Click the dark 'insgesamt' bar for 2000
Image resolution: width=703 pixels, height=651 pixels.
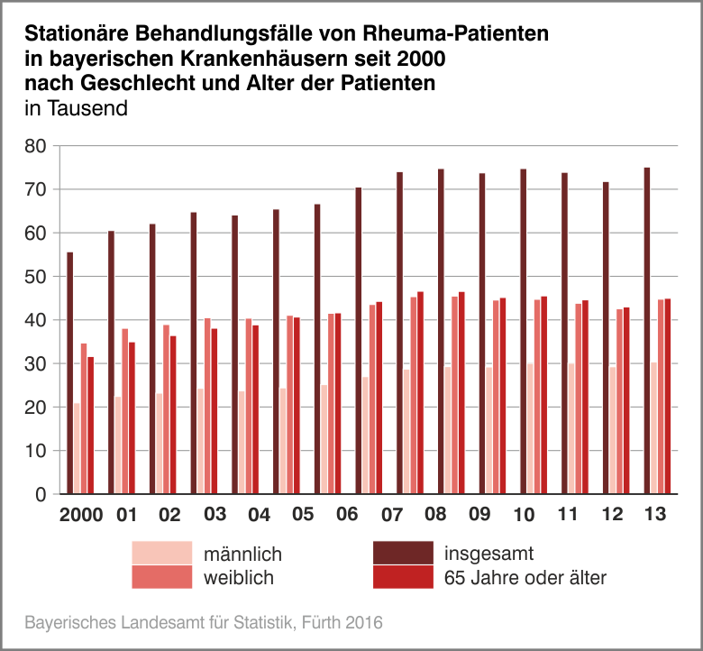click(70, 373)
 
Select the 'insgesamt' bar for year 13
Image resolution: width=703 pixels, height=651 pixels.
click(647, 331)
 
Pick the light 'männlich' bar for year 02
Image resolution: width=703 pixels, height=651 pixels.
click(160, 444)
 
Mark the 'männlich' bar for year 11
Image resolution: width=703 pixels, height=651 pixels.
click(571, 428)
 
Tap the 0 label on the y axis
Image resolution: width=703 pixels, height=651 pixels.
click(40, 494)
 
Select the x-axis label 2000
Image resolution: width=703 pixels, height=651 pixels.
click(80, 516)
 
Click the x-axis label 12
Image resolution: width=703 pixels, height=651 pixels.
click(612, 516)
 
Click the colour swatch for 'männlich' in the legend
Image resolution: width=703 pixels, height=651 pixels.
click(162, 552)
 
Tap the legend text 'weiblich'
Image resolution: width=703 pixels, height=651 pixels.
click(239, 577)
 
